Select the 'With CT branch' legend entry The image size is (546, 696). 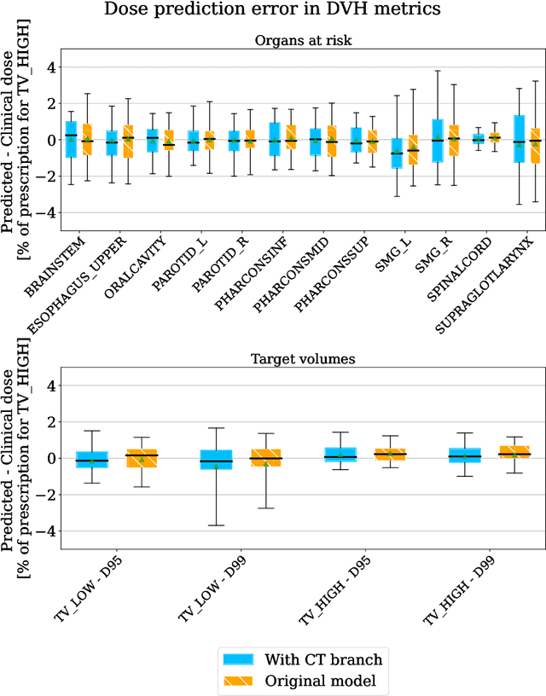point(303,658)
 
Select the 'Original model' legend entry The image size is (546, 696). point(303,681)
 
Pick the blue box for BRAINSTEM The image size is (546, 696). point(71,139)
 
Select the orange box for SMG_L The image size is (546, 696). point(413,150)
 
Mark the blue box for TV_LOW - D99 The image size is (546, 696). point(216,459)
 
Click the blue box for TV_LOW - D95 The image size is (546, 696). point(92,460)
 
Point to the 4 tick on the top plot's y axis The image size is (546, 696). point(50,66)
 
